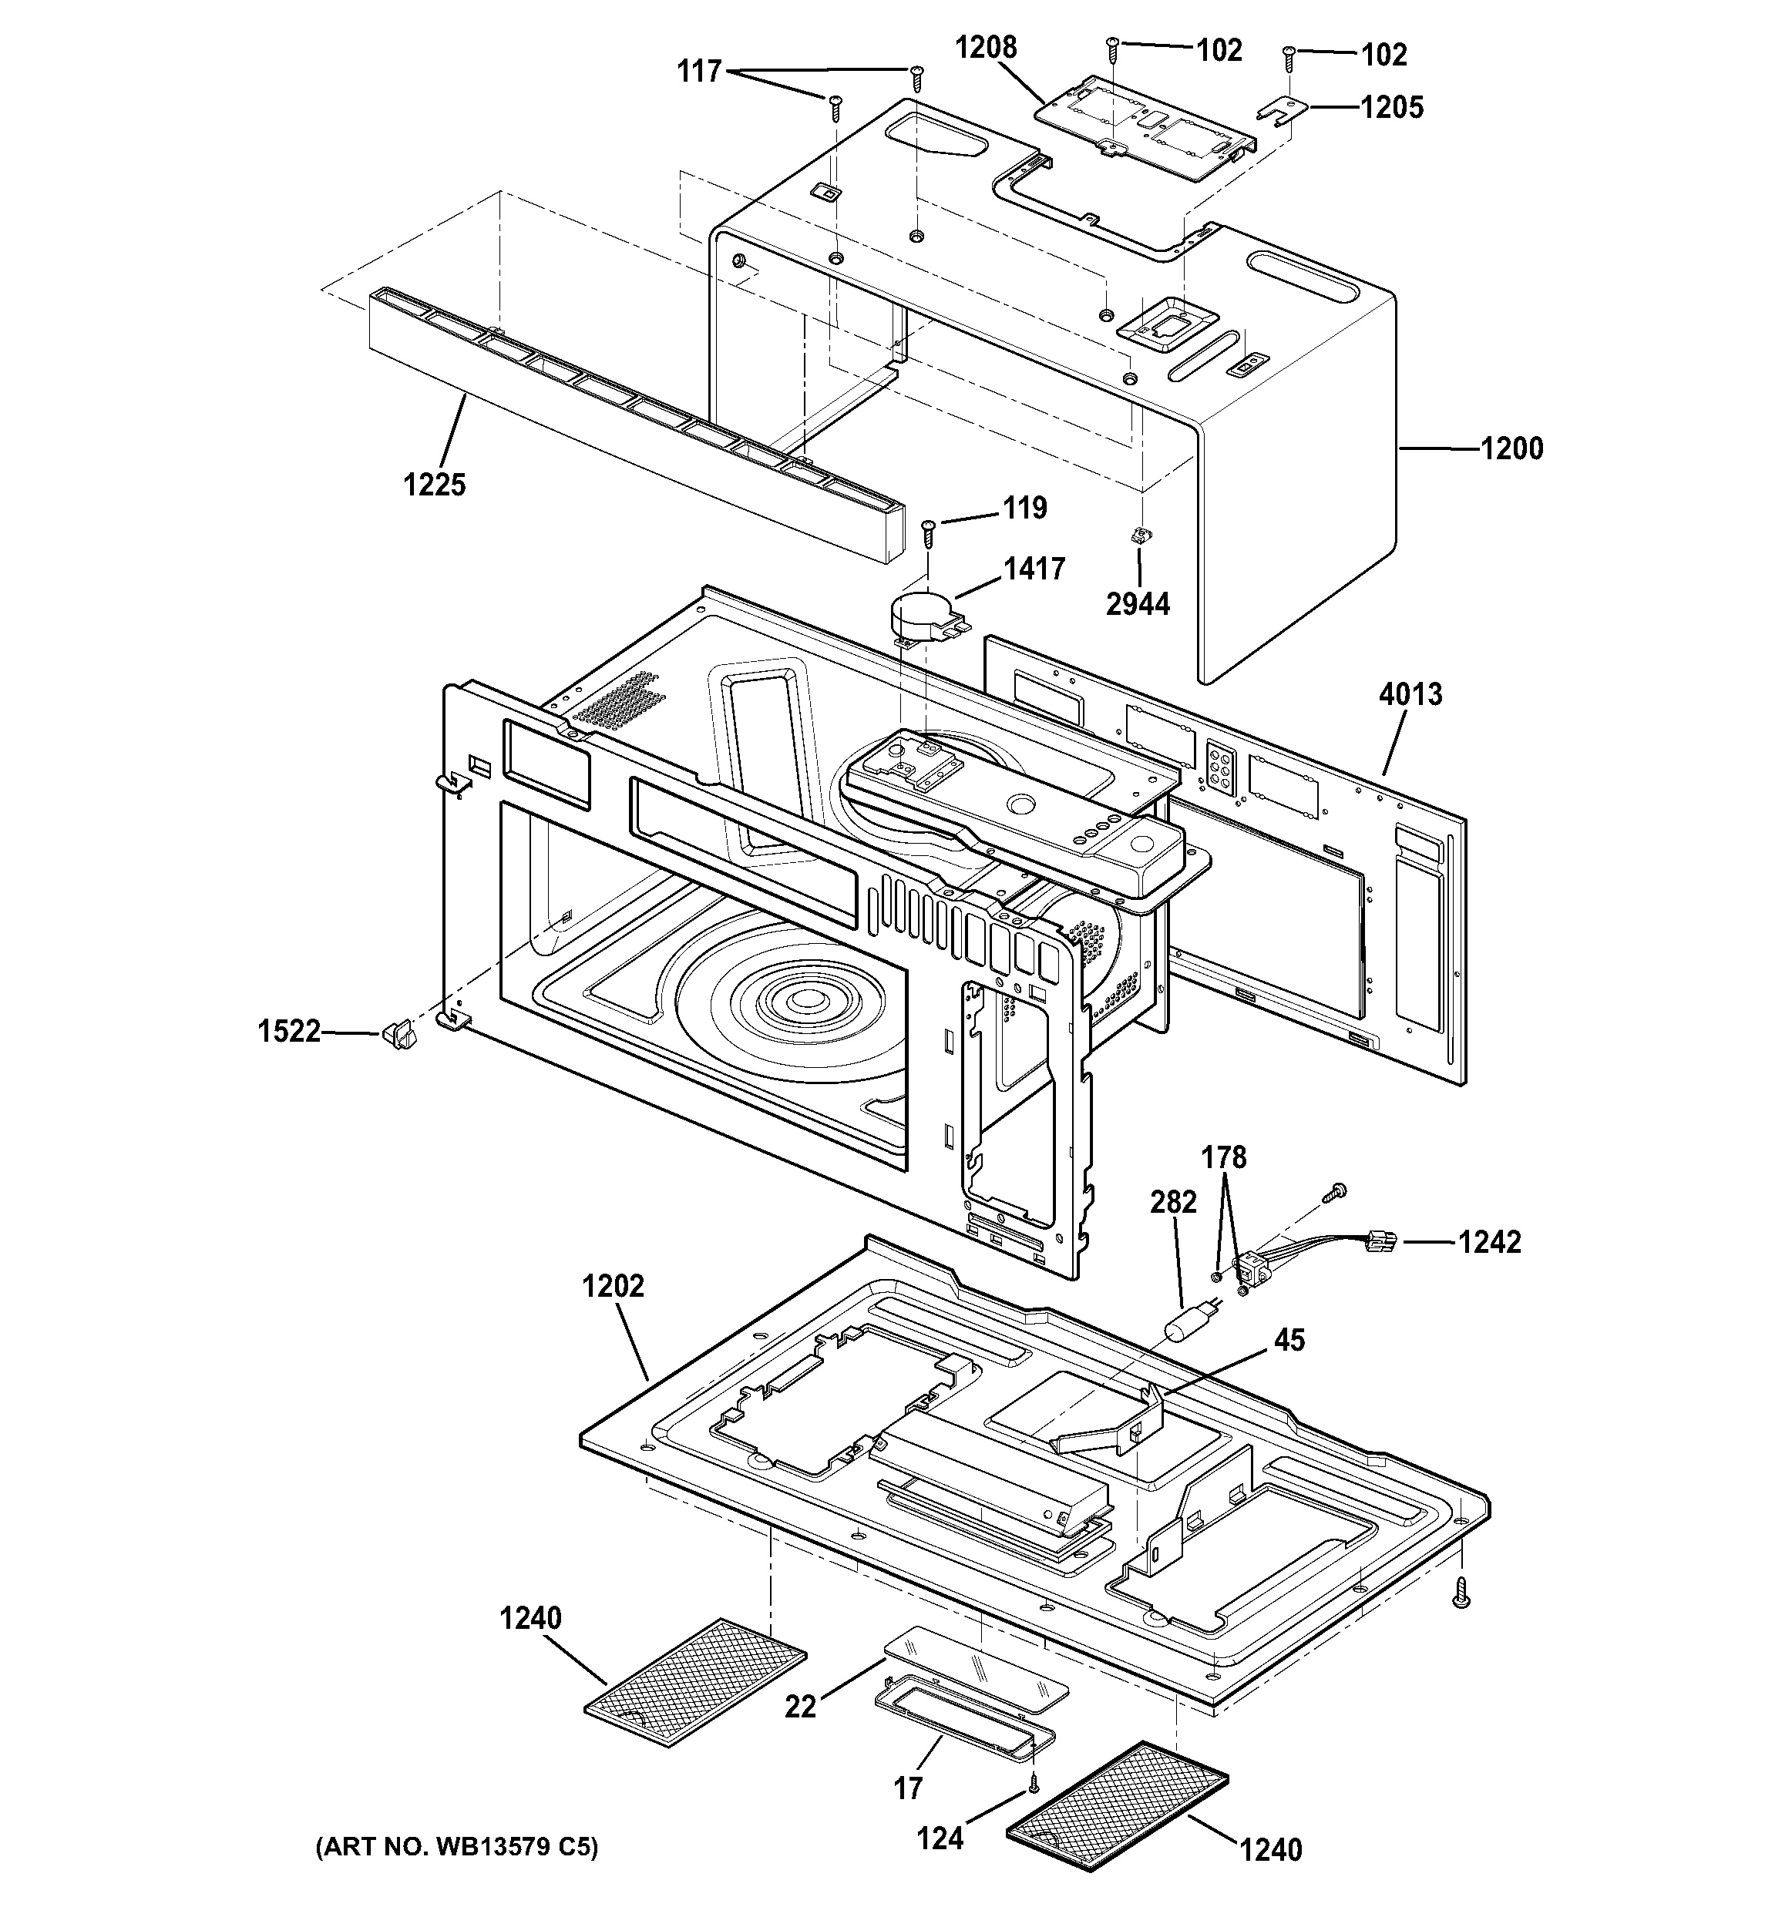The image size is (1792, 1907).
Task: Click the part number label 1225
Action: click(x=434, y=485)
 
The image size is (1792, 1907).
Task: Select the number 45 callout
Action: click(x=1289, y=1340)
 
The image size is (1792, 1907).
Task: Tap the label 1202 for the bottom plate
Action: click(x=612, y=1287)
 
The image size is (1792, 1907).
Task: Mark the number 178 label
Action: click(x=1224, y=1158)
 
